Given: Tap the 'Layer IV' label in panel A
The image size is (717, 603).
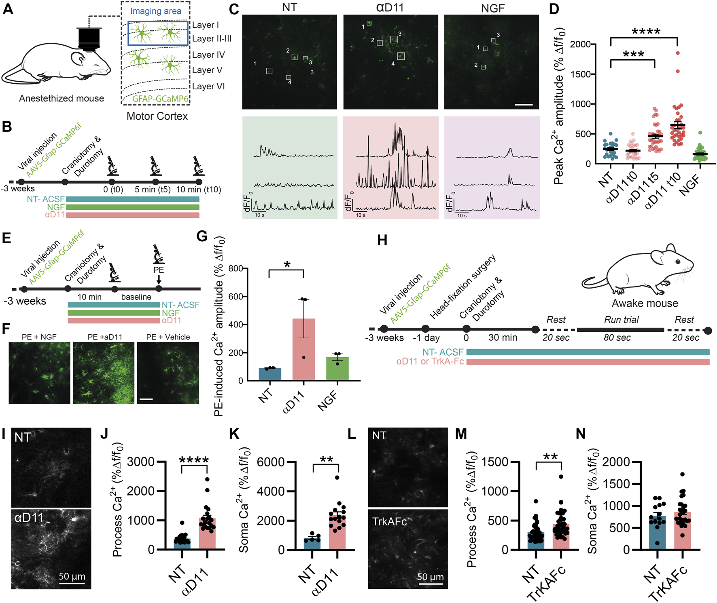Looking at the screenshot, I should tap(208, 55).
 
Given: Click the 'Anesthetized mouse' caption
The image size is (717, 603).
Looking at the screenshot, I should tap(62, 99).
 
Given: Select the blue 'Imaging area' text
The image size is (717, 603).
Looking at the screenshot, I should tap(156, 11).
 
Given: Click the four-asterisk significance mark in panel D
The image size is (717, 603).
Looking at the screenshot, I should tap(646, 32).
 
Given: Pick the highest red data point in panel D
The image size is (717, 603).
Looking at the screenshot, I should tap(678, 53).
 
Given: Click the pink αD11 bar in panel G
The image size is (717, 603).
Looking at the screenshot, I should tap(303, 349).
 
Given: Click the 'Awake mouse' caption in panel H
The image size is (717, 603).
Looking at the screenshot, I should tap(645, 304).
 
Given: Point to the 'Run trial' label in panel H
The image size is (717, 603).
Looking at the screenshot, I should tap(621, 320).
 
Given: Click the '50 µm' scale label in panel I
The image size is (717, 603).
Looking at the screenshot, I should tap(72, 576).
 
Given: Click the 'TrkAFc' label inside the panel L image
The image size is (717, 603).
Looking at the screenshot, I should tap(389, 522).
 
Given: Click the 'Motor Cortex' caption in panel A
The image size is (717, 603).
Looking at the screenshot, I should tap(157, 116).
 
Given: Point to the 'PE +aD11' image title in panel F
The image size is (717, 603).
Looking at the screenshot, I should tap(105, 337).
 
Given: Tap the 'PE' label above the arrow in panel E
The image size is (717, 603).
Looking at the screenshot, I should tap(158, 270).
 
